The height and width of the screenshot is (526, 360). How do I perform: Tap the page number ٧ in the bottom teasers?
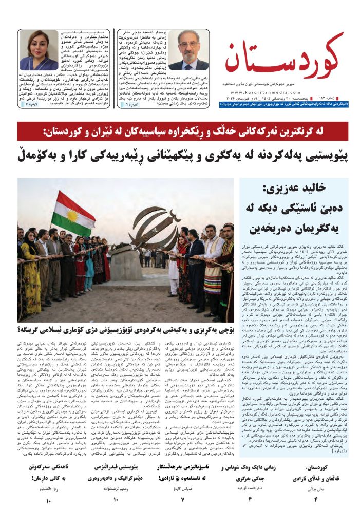tap(183, 499)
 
